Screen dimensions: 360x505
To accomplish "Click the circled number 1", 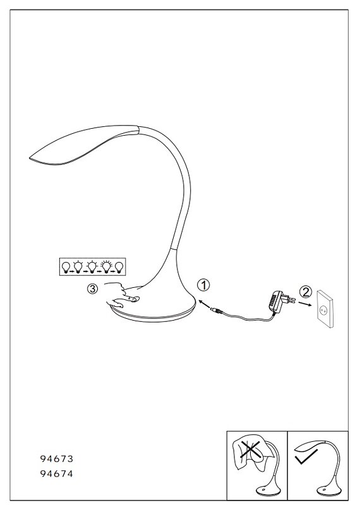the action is (x=204, y=285).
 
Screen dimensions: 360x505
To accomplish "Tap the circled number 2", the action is (x=306, y=292).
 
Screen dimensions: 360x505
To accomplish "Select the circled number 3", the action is (x=92, y=289).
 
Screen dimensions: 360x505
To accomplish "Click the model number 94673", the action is (x=57, y=459).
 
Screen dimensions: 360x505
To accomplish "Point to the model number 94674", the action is (x=57, y=474).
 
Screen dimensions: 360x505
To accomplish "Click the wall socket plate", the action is (x=325, y=309).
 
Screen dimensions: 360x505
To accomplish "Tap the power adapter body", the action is (x=275, y=301).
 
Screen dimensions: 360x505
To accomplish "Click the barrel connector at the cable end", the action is (x=215, y=310).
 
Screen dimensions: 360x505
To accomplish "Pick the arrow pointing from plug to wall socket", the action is (x=304, y=304).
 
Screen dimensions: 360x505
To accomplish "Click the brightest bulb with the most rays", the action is (x=106, y=266).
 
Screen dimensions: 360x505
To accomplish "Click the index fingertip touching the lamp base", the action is (x=135, y=299).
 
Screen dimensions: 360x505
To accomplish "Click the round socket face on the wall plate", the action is (x=321, y=310).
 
